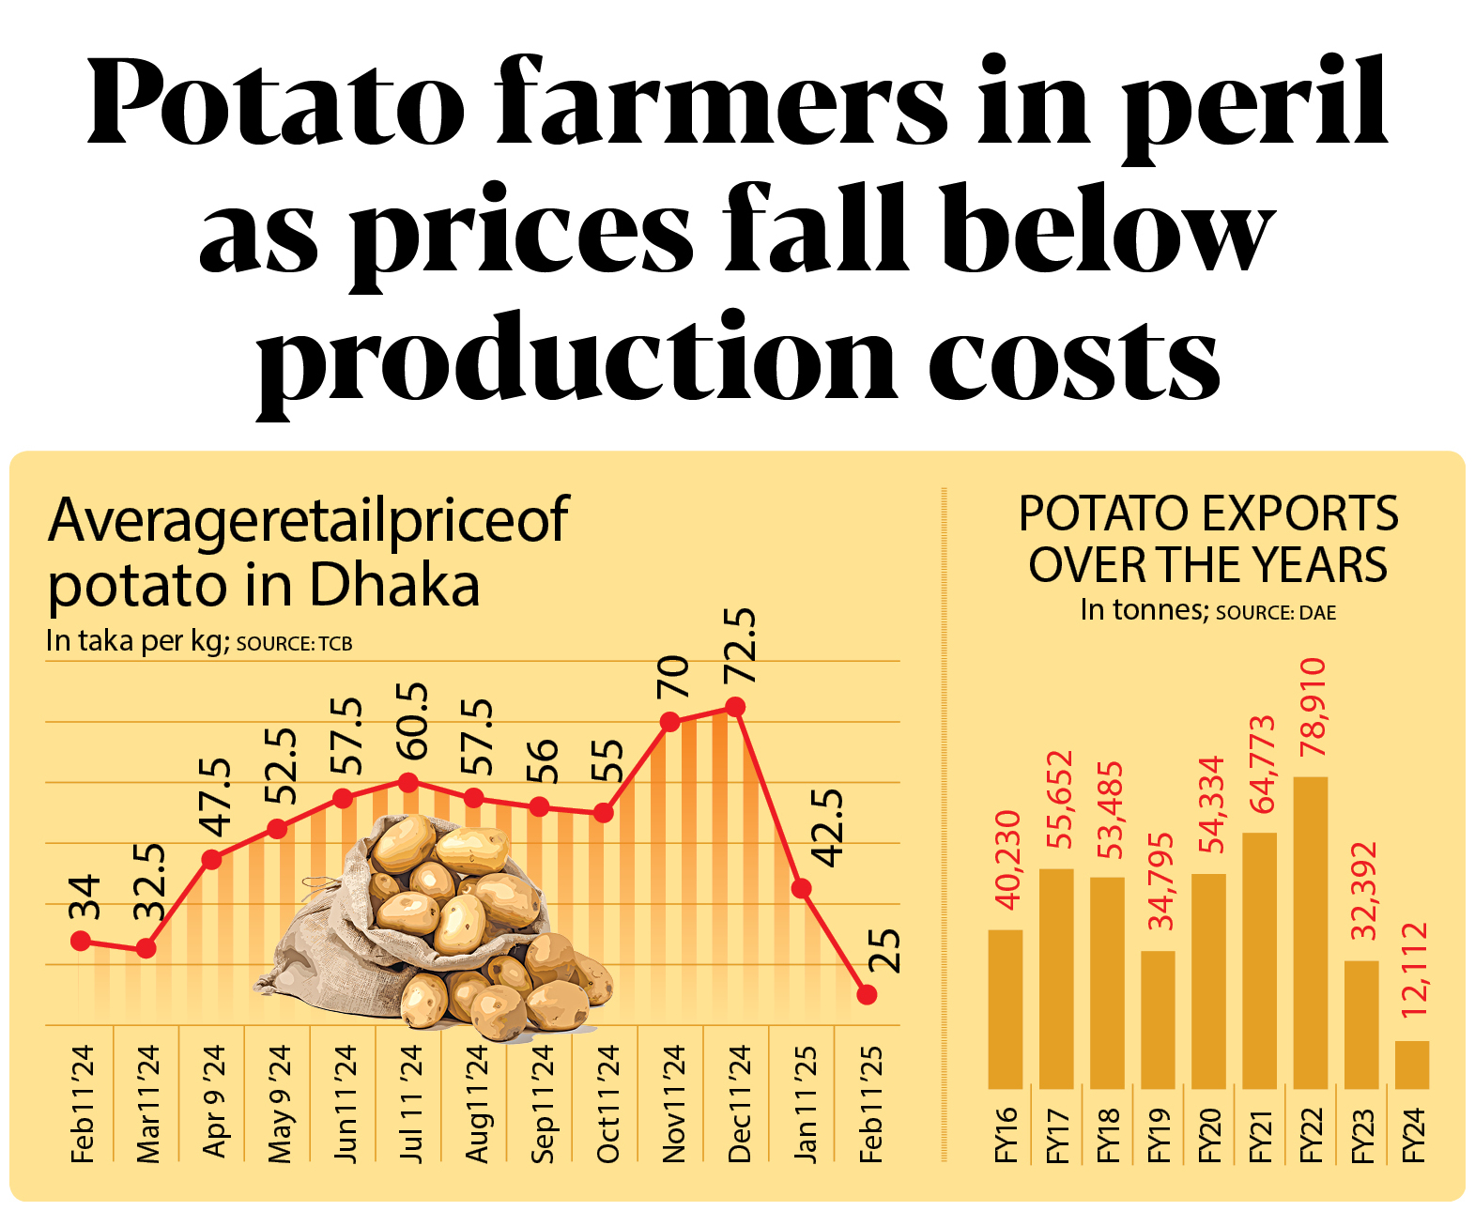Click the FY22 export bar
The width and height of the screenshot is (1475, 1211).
click(x=1310, y=932)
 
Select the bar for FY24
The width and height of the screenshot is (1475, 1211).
click(x=1411, y=1065)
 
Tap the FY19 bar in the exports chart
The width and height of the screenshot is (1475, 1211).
click(x=1158, y=1019)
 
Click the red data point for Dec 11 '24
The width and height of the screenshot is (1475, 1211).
click(x=736, y=706)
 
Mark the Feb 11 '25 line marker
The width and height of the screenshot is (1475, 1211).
click(x=867, y=994)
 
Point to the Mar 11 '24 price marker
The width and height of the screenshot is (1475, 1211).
click(x=146, y=949)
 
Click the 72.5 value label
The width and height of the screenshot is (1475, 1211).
click(x=740, y=646)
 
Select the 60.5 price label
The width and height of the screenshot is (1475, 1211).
click(x=411, y=721)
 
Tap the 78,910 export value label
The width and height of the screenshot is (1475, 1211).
click(x=1312, y=707)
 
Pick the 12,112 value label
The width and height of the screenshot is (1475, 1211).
click(x=1413, y=970)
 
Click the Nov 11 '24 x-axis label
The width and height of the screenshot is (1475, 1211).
click(x=673, y=1104)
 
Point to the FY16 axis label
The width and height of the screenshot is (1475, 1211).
click(x=1006, y=1135)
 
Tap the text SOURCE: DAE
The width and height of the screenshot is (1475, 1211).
click(x=1275, y=613)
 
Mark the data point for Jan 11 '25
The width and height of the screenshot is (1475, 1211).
click(x=801, y=888)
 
